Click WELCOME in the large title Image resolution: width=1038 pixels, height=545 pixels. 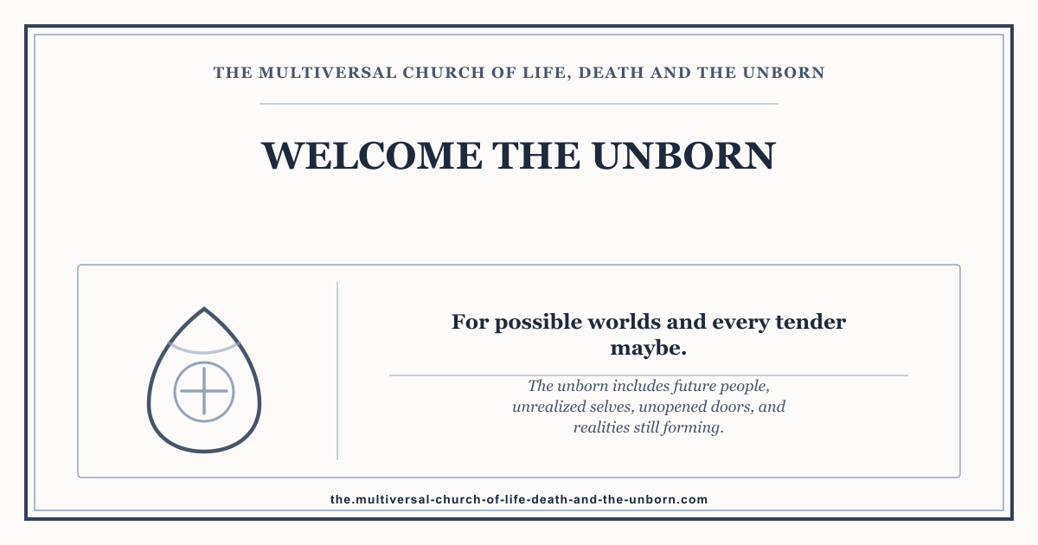(372, 156)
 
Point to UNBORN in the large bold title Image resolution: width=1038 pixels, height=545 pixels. (683, 156)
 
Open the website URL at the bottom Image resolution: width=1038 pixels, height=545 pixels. (519, 500)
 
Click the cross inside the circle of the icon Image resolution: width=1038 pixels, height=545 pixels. (204, 392)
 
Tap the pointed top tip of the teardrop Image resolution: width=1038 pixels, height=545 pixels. (204, 308)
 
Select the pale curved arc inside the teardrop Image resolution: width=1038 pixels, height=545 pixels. (204, 351)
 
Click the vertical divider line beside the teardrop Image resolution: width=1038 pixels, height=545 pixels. (337, 371)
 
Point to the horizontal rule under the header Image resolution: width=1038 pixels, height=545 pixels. (519, 104)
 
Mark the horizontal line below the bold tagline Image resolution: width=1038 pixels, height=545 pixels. (649, 375)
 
